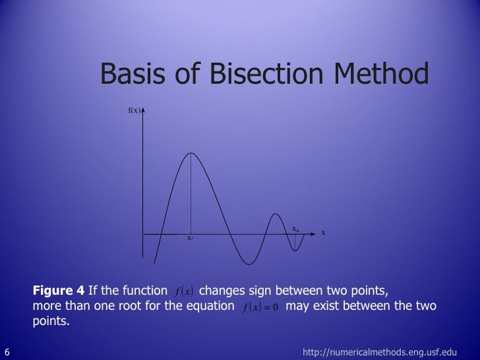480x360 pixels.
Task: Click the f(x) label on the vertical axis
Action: [134, 110]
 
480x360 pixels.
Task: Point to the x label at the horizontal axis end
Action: [324, 233]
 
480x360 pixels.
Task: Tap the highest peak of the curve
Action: [191, 153]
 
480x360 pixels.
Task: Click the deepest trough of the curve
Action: [247, 264]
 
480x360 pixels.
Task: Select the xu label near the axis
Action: [296, 229]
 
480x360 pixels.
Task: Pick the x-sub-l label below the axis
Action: [189, 238]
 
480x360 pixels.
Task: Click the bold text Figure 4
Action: [59, 291]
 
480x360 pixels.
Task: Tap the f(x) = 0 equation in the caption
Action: [260, 307]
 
